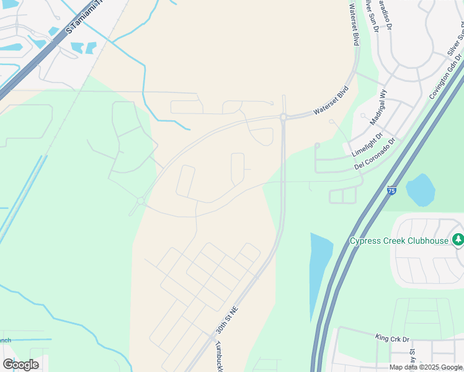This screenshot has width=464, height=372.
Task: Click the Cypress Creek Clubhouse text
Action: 399,241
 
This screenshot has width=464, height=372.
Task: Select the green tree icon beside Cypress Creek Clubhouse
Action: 458,239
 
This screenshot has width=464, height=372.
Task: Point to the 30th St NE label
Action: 226,320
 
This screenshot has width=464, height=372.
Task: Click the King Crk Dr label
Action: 392,338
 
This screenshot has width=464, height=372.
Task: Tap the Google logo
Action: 21,365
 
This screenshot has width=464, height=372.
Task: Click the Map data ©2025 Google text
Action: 426,367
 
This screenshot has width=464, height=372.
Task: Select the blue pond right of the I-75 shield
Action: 420,190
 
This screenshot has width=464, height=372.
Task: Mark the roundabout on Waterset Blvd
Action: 283,117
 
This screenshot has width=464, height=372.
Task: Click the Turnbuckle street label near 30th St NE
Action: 219,356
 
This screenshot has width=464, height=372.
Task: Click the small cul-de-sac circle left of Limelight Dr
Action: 317,146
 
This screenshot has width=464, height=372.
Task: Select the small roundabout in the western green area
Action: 141,201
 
